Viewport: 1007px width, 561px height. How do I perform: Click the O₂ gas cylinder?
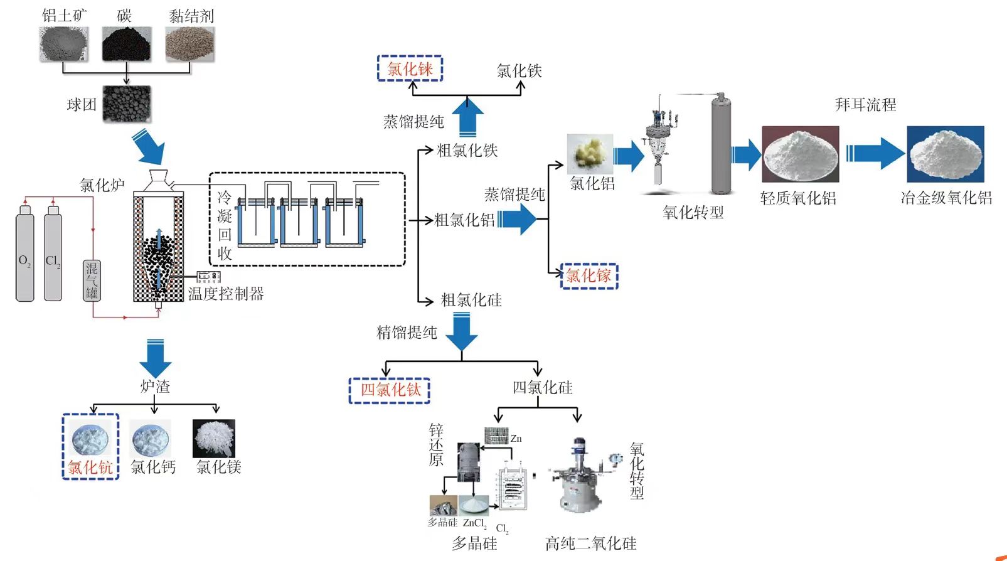(x=25, y=254)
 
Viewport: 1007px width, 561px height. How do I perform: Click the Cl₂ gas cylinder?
(x=53, y=254)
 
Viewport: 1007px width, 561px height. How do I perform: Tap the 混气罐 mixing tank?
(x=92, y=280)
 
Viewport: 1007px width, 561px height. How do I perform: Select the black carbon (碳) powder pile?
(x=127, y=45)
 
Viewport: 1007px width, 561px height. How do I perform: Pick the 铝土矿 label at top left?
(x=64, y=16)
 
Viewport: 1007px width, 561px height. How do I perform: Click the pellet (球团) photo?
(x=127, y=104)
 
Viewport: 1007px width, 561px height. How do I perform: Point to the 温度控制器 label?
(x=226, y=294)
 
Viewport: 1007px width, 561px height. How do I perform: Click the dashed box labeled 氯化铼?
(x=410, y=68)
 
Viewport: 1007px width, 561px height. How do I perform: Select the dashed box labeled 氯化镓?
(x=589, y=276)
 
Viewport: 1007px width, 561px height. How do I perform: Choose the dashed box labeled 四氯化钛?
(x=390, y=390)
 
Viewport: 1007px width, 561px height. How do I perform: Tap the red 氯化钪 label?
(x=90, y=467)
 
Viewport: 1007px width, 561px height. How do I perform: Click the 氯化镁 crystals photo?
(x=214, y=438)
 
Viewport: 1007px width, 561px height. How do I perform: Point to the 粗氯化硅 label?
(x=471, y=301)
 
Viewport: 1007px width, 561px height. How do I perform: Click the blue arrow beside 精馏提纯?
(x=462, y=331)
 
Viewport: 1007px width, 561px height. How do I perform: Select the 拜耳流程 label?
(x=865, y=105)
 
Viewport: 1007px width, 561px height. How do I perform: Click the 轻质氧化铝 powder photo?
(x=800, y=154)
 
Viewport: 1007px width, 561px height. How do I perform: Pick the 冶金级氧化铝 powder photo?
(x=945, y=154)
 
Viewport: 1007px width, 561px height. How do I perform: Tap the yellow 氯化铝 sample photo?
(x=590, y=153)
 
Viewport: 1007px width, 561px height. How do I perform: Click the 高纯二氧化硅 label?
(x=590, y=543)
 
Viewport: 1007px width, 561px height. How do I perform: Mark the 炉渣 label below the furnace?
(x=155, y=387)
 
